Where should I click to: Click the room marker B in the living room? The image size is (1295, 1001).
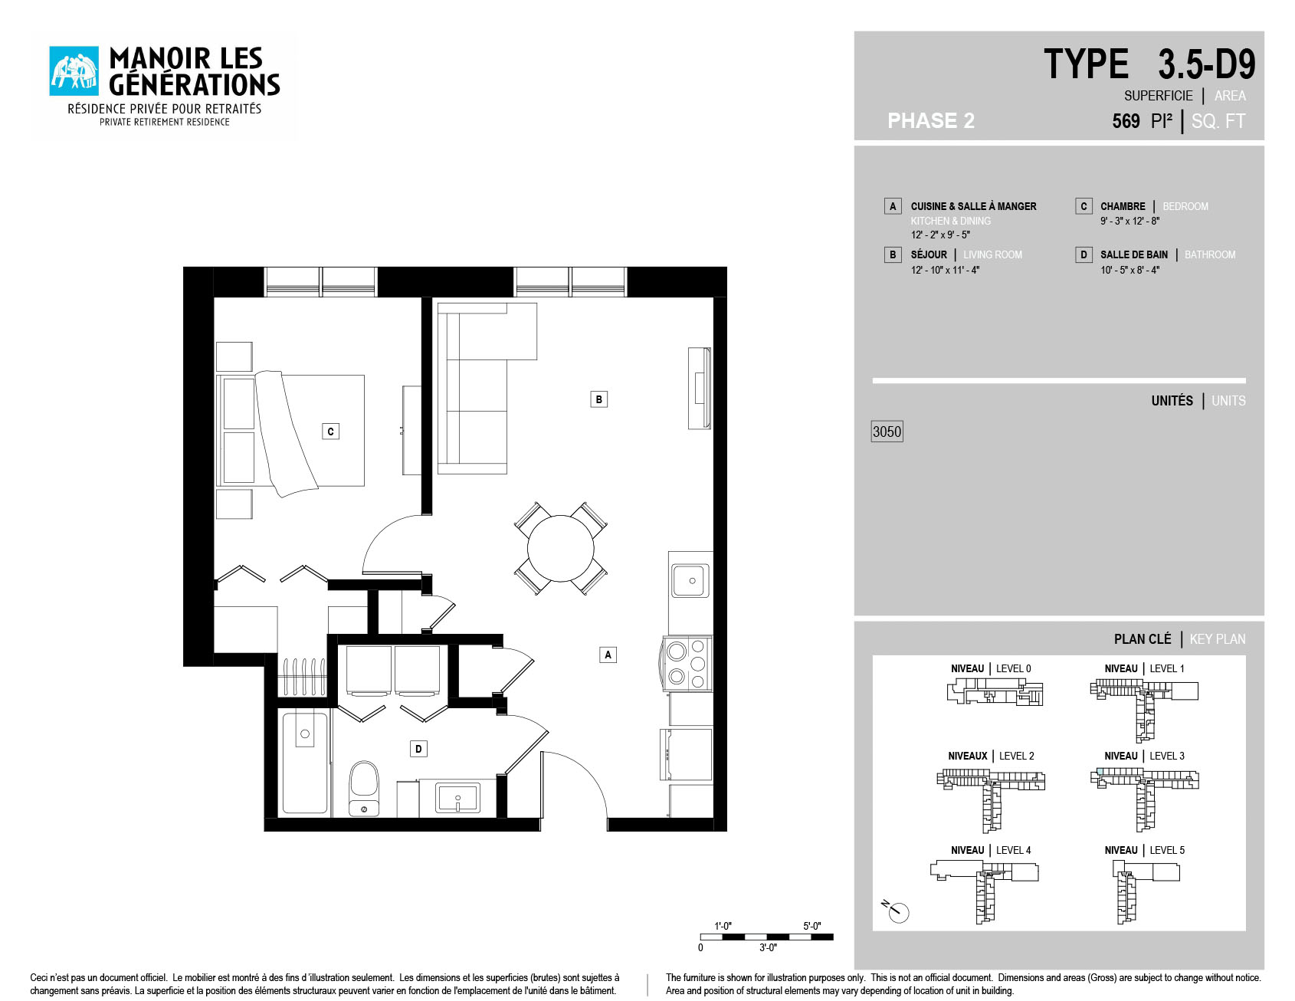[x=599, y=399]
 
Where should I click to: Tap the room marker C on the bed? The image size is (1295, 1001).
[x=330, y=432]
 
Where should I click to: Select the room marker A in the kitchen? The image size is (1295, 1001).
[x=608, y=655]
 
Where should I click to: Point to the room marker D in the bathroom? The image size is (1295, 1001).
[x=418, y=749]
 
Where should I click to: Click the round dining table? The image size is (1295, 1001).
[x=560, y=549]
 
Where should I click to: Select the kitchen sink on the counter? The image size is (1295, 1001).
[x=690, y=580]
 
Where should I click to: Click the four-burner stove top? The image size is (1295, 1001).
[x=687, y=664]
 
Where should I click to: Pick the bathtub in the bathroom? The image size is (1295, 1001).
[x=305, y=763]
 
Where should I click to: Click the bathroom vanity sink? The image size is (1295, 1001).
[x=457, y=798]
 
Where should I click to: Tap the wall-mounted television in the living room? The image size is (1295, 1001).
[x=699, y=388]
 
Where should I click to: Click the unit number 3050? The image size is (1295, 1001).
[x=887, y=432]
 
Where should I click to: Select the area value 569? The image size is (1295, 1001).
[x=1126, y=121]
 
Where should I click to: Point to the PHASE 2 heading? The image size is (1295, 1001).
[x=931, y=120]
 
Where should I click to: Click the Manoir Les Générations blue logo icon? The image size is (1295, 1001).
[x=74, y=71]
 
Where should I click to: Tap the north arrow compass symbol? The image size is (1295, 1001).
[x=896, y=911]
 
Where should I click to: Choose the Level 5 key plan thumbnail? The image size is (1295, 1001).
[x=1146, y=891]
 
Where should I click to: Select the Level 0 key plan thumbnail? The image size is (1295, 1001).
[x=995, y=692]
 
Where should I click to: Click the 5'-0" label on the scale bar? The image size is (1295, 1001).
[x=811, y=926]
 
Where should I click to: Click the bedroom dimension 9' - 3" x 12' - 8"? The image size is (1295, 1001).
[x=1129, y=221]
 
